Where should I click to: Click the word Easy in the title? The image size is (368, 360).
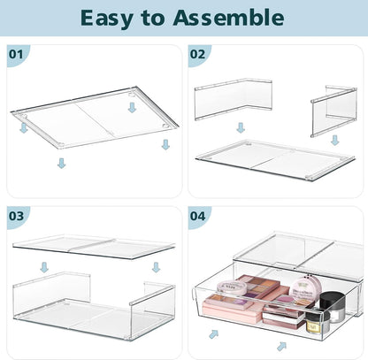click(109, 18)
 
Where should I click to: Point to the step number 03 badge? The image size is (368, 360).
click(16, 215)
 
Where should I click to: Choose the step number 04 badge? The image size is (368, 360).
click(198, 215)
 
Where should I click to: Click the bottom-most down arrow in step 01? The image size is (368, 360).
click(61, 163)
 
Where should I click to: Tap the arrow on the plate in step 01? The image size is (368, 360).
click(132, 107)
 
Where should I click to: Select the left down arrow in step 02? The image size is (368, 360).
click(241, 128)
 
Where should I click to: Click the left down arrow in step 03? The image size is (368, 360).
click(44, 266)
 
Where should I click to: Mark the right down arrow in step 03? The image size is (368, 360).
click(156, 266)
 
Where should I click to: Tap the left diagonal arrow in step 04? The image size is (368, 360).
click(213, 333)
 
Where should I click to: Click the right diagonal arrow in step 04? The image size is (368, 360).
click(281, 345)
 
